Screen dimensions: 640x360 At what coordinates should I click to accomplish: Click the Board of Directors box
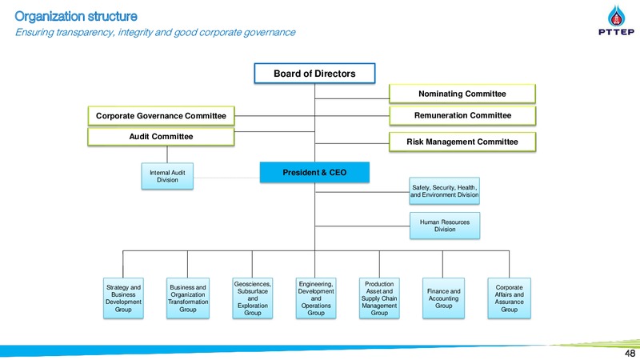coord(314,74)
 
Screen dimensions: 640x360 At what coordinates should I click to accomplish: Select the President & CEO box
coord(314,172)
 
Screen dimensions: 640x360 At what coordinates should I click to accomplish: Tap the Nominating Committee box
coord(462,94)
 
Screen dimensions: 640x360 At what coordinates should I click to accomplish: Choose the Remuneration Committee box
coord(462,115)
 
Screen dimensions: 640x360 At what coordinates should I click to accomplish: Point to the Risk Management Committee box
coord(462,142)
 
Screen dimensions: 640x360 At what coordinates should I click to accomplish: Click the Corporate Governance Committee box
coord(162,116)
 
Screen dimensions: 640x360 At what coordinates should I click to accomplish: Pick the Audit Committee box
coord(162,136)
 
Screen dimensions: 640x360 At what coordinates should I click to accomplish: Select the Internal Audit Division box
coord(167,176)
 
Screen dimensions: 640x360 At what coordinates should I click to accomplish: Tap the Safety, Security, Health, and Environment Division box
coord(445,191)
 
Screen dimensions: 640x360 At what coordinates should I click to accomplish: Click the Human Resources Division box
coord(445,226)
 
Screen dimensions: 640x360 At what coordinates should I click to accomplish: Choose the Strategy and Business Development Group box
coord(123,298)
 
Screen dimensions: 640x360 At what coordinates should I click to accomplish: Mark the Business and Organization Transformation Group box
coord(188,298)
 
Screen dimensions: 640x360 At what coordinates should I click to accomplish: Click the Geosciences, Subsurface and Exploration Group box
coord(253,298)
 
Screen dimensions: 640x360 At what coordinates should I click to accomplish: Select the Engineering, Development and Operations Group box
coord(316,298)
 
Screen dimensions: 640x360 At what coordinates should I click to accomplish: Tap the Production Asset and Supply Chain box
coord(379,298)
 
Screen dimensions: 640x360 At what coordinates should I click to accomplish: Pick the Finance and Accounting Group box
coord(444,298)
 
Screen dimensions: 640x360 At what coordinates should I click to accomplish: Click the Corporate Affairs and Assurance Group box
coord(510,298)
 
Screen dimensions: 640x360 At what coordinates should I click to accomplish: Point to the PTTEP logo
coord(616,21)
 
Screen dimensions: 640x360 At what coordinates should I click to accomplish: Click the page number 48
coord(630,353)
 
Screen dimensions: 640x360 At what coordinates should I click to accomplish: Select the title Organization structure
coord(76,16)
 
